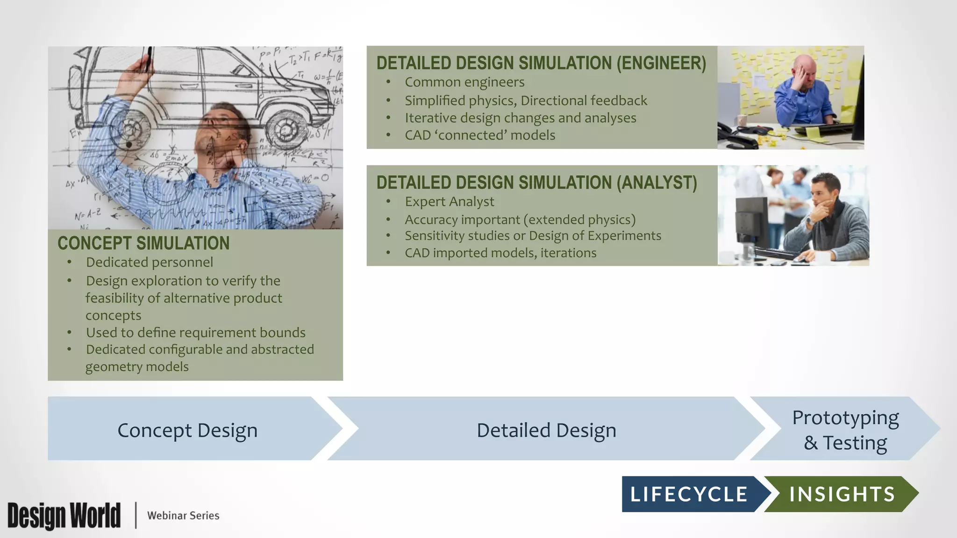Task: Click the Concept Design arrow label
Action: (187, 430)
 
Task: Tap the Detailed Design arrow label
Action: (546, 430)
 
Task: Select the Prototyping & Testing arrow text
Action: (845, 430)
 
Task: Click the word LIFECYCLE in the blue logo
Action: (689, 494)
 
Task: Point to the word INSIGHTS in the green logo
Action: (842, 494)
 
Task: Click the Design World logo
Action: (64, 516)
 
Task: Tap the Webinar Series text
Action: (183, 516)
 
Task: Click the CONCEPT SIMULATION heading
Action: (143, 243)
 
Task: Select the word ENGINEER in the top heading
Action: (661, 63)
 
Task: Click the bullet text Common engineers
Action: (464, 82)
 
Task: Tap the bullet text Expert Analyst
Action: (450, 202)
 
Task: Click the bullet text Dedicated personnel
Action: (150, 262)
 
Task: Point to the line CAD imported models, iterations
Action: (500, 253)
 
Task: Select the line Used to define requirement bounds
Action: (195, 333)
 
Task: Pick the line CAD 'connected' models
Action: (480, 135)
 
